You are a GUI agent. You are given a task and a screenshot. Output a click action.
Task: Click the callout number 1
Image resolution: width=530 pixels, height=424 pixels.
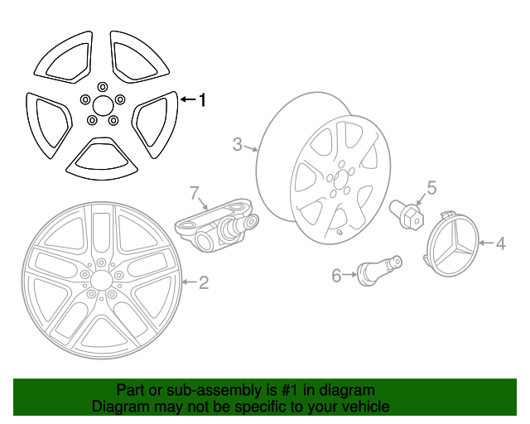(201, 100)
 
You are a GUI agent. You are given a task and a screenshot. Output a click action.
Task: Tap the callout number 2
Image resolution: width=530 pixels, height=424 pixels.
(204, 283)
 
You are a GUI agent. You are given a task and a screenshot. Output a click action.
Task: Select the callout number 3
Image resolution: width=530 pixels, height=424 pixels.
(237, 146)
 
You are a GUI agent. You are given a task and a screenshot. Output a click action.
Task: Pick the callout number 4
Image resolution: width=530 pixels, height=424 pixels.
(500, 243)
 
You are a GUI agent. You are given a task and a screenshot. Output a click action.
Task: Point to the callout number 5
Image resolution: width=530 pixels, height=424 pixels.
(431, 187)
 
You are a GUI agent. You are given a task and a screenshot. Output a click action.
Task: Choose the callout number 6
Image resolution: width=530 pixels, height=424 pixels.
(336, 275)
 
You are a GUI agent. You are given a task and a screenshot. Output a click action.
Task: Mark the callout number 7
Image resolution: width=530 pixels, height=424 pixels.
(195, 194)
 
